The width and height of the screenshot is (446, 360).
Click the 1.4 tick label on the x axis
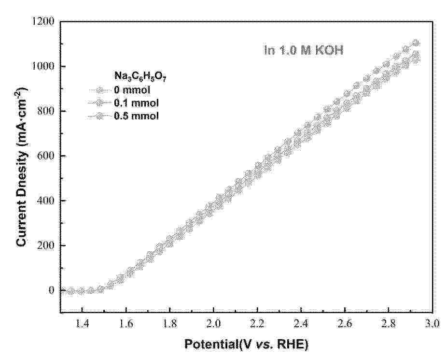(x=82, y=324)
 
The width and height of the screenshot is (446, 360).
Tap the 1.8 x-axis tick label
(x=169, y=324)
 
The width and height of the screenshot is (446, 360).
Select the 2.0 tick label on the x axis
(x=213, y=324)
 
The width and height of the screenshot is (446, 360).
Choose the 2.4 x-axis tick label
(x=301, y=324)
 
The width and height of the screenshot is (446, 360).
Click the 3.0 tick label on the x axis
(x=432, y=324)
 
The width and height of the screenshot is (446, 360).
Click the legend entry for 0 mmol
(x=120, y=90)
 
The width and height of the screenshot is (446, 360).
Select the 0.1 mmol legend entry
(x=123, y=103)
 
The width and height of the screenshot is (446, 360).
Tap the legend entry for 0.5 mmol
(x=123, y=116)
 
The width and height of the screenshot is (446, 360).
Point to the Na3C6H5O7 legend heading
(x=140, y=77)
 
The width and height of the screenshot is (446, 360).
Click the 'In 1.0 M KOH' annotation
(x=304, y=50)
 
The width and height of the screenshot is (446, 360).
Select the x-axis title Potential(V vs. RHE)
(x=246, y=345)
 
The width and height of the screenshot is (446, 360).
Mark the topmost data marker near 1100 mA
(x=416, y=43)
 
